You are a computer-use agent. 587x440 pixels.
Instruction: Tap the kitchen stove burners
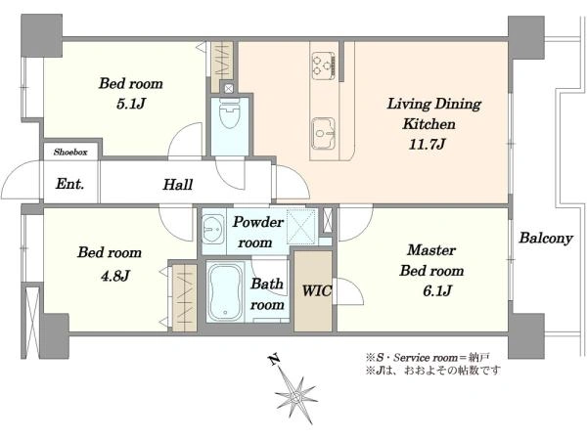(x=323, y=66)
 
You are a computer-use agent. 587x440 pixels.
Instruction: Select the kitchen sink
(x=324, y=133)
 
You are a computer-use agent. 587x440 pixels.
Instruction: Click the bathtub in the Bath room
(x=225, y=292)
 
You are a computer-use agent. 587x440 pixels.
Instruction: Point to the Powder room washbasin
(x=213, y=229)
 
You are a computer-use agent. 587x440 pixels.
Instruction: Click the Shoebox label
(x=70, y=152)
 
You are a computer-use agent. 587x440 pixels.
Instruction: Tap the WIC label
(x=317, y=290)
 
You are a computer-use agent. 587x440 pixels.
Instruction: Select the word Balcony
(x=546, y=239)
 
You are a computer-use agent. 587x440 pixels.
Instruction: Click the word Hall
(x=178, y=185)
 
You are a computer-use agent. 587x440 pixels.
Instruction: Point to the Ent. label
(x=69, y=184)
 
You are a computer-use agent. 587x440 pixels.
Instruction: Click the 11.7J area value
(x=427, y=144)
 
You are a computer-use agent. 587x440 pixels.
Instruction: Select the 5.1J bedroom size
(x=130, y=104)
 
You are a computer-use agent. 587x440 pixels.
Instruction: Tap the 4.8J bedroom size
(x=115, y=276)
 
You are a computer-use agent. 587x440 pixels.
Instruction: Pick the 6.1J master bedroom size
(x=437, y=290)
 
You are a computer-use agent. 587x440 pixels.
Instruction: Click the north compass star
(x=297, y=395)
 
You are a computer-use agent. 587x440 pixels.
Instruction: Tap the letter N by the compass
(x=274, y=359)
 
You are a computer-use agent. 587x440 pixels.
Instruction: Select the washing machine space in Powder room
(x=301, y=227)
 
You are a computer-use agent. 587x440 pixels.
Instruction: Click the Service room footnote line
(x=428, y=358)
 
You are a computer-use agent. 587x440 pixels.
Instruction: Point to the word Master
(x=431, y=250)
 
